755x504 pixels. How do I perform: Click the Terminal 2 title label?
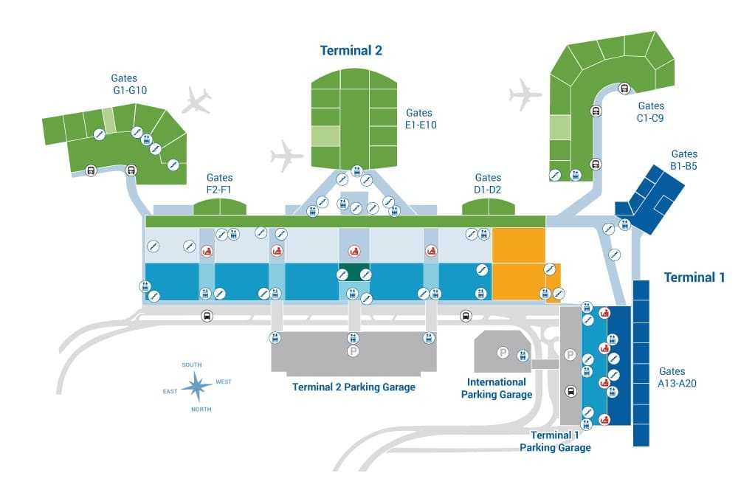click(x=351, y=51)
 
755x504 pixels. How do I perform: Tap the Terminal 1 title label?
click(x=694, y=277)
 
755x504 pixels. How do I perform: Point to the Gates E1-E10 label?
click(x=421, y=119)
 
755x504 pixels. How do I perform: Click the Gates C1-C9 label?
click(x=651, y=111)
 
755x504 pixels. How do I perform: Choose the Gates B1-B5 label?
click(x=684, y=160)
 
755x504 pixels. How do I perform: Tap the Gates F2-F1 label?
click(x=219, y=184)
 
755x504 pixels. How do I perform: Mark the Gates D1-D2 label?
click(x=488, y=184)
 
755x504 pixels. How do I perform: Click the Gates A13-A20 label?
click(x=672, y=377)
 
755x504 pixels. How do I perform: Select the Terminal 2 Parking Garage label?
click(x=354, y=387)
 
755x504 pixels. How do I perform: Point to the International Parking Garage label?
click(x=497, y=388)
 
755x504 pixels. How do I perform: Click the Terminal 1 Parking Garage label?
click(x=555, y=441)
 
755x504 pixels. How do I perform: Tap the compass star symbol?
click(x=197, y=385)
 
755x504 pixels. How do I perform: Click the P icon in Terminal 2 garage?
click(x=353, y=352)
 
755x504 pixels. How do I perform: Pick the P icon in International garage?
click(x=503, y=353)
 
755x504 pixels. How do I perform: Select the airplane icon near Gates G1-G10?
click(x=196, y=100)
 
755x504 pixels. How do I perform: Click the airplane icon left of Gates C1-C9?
click(x=525, y=94)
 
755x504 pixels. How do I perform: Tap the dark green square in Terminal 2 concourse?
click(x=354, y=272)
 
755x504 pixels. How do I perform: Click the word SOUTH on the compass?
click(x=192, y=365)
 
